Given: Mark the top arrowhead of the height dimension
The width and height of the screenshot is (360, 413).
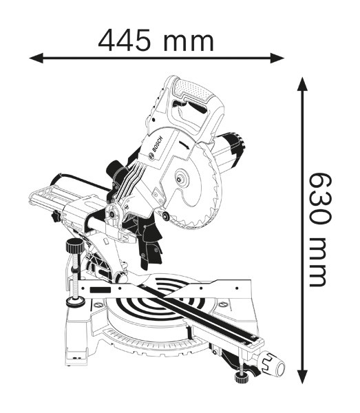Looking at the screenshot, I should tap(301, 84).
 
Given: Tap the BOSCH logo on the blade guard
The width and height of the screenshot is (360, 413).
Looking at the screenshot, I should tap(153, 147).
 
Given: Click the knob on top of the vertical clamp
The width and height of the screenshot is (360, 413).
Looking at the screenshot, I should tap(72, 246).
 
